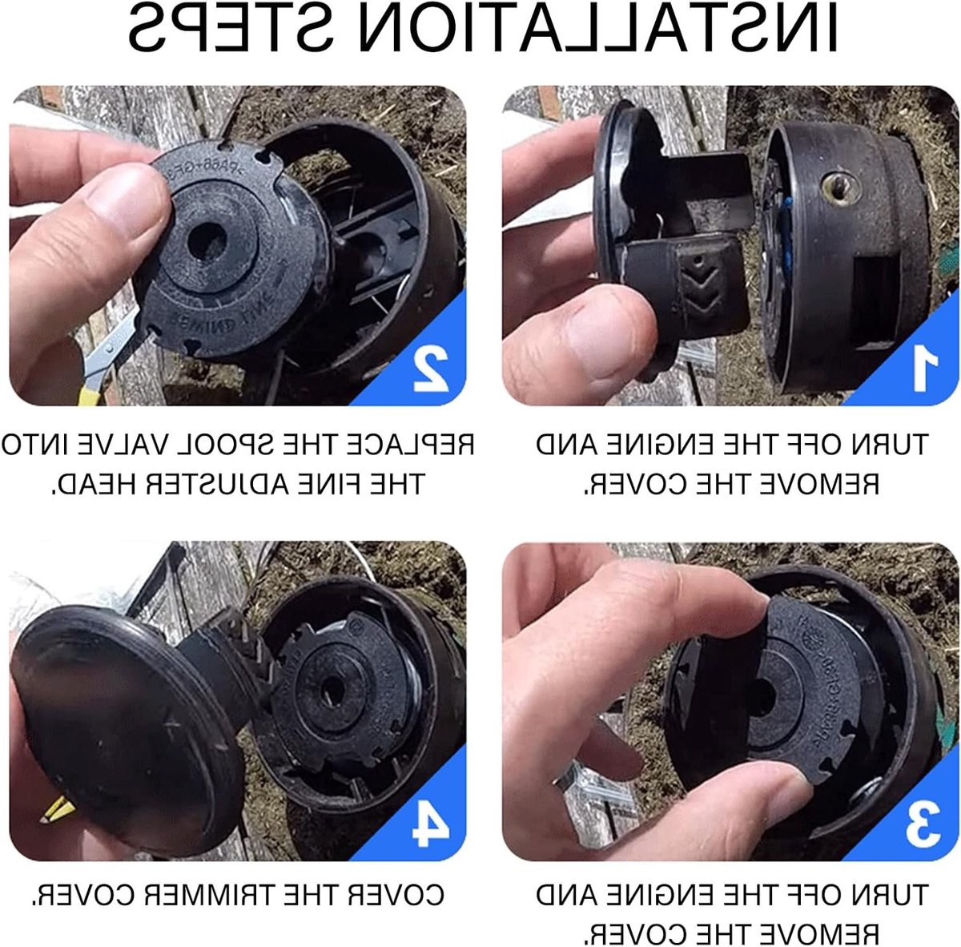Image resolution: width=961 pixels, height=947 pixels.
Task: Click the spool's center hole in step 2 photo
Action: click(x=207, y=242)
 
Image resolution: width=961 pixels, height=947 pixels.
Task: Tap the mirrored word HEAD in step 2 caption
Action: click(x=90, y=484)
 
